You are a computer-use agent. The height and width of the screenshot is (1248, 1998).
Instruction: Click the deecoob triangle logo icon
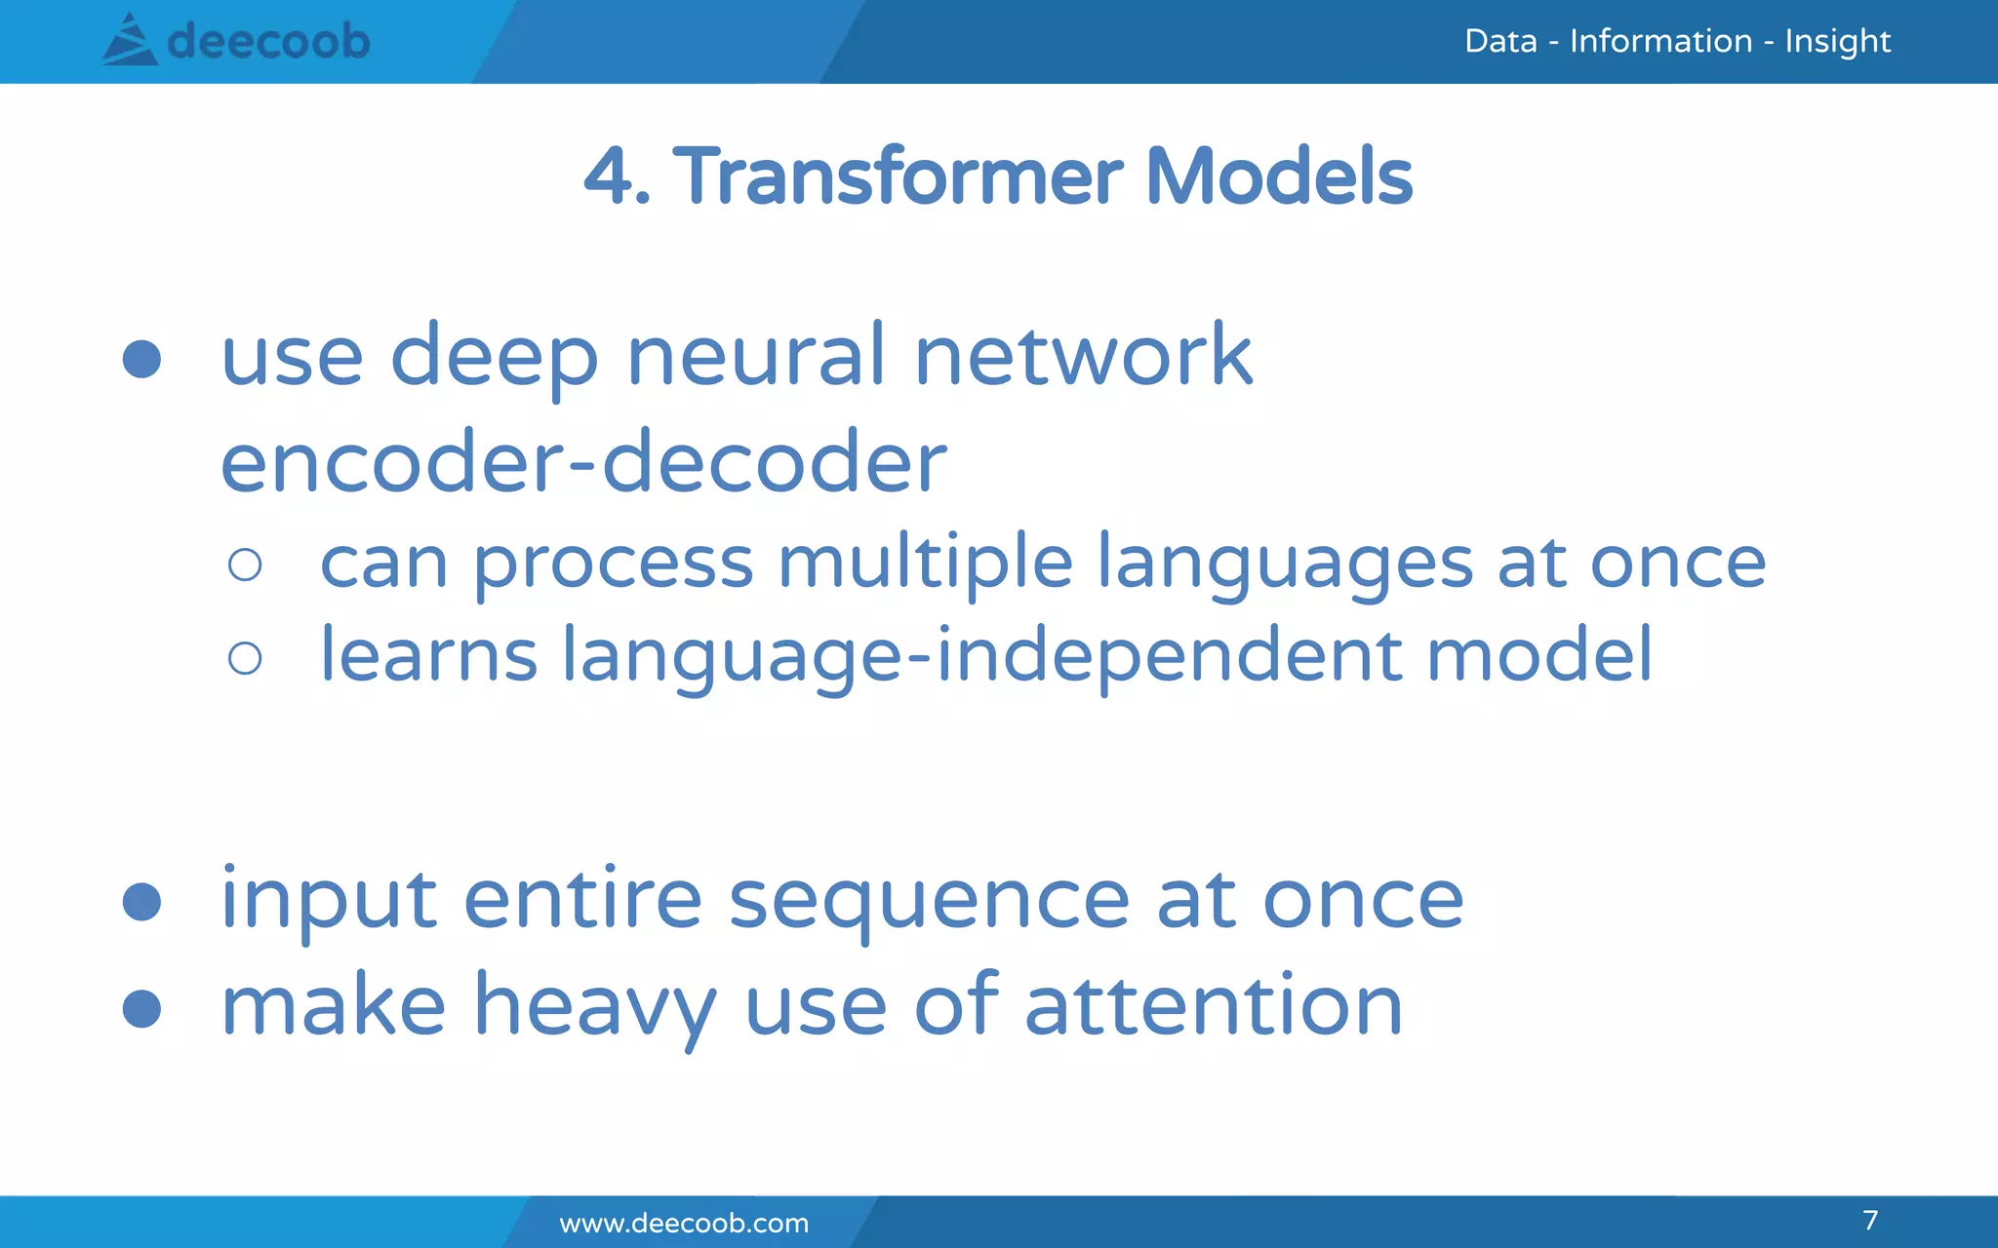129,41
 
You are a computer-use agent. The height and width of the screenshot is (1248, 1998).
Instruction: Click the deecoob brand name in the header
268,41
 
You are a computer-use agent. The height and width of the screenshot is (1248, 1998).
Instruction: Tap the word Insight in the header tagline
1837,41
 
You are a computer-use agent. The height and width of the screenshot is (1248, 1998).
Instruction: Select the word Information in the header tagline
1660,41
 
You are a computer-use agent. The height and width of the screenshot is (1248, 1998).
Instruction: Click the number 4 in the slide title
610,176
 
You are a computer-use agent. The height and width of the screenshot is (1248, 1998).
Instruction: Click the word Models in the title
1279,176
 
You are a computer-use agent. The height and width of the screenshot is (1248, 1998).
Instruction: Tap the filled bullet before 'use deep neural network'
142,359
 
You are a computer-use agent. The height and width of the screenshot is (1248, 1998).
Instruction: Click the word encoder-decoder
583,462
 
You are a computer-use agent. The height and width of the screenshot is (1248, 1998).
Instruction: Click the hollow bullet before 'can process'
245,565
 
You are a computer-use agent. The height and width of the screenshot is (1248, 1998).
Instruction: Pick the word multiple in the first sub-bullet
925,564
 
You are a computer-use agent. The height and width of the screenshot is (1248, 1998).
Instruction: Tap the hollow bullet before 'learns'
245,658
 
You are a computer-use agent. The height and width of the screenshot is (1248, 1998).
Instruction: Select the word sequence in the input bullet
929,902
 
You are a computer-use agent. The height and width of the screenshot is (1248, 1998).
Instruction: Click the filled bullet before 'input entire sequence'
142,902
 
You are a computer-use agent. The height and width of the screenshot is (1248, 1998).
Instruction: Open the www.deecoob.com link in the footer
684,1223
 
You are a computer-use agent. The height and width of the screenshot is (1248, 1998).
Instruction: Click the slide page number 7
1870,1220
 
